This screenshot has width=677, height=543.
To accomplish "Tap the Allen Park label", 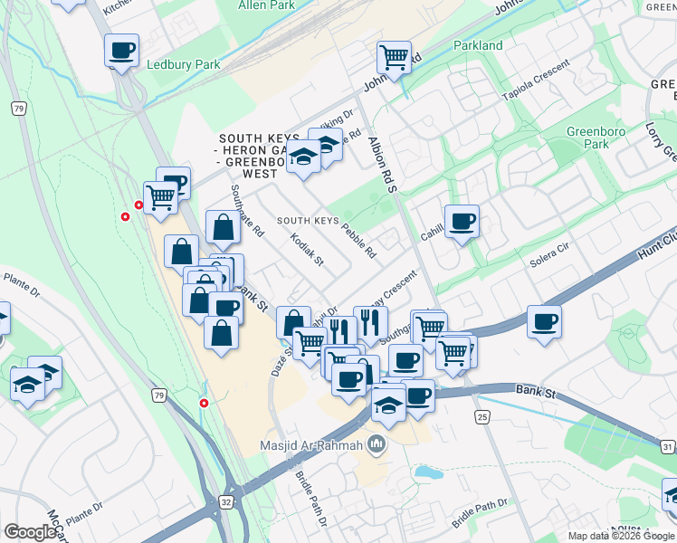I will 266,5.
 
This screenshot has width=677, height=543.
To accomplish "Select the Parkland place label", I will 477,45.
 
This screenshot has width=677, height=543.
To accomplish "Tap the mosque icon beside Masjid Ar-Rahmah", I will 377,444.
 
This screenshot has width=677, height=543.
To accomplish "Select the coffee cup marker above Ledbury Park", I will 121,51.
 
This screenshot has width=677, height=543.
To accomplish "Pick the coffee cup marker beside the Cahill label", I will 462,221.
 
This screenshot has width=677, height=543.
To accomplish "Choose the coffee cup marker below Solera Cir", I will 544,322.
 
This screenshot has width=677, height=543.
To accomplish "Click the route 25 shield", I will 482,415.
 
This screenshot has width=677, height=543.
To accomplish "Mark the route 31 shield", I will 668,446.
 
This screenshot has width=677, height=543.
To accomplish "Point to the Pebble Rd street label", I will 358,237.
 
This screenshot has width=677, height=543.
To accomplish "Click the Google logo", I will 31,531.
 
